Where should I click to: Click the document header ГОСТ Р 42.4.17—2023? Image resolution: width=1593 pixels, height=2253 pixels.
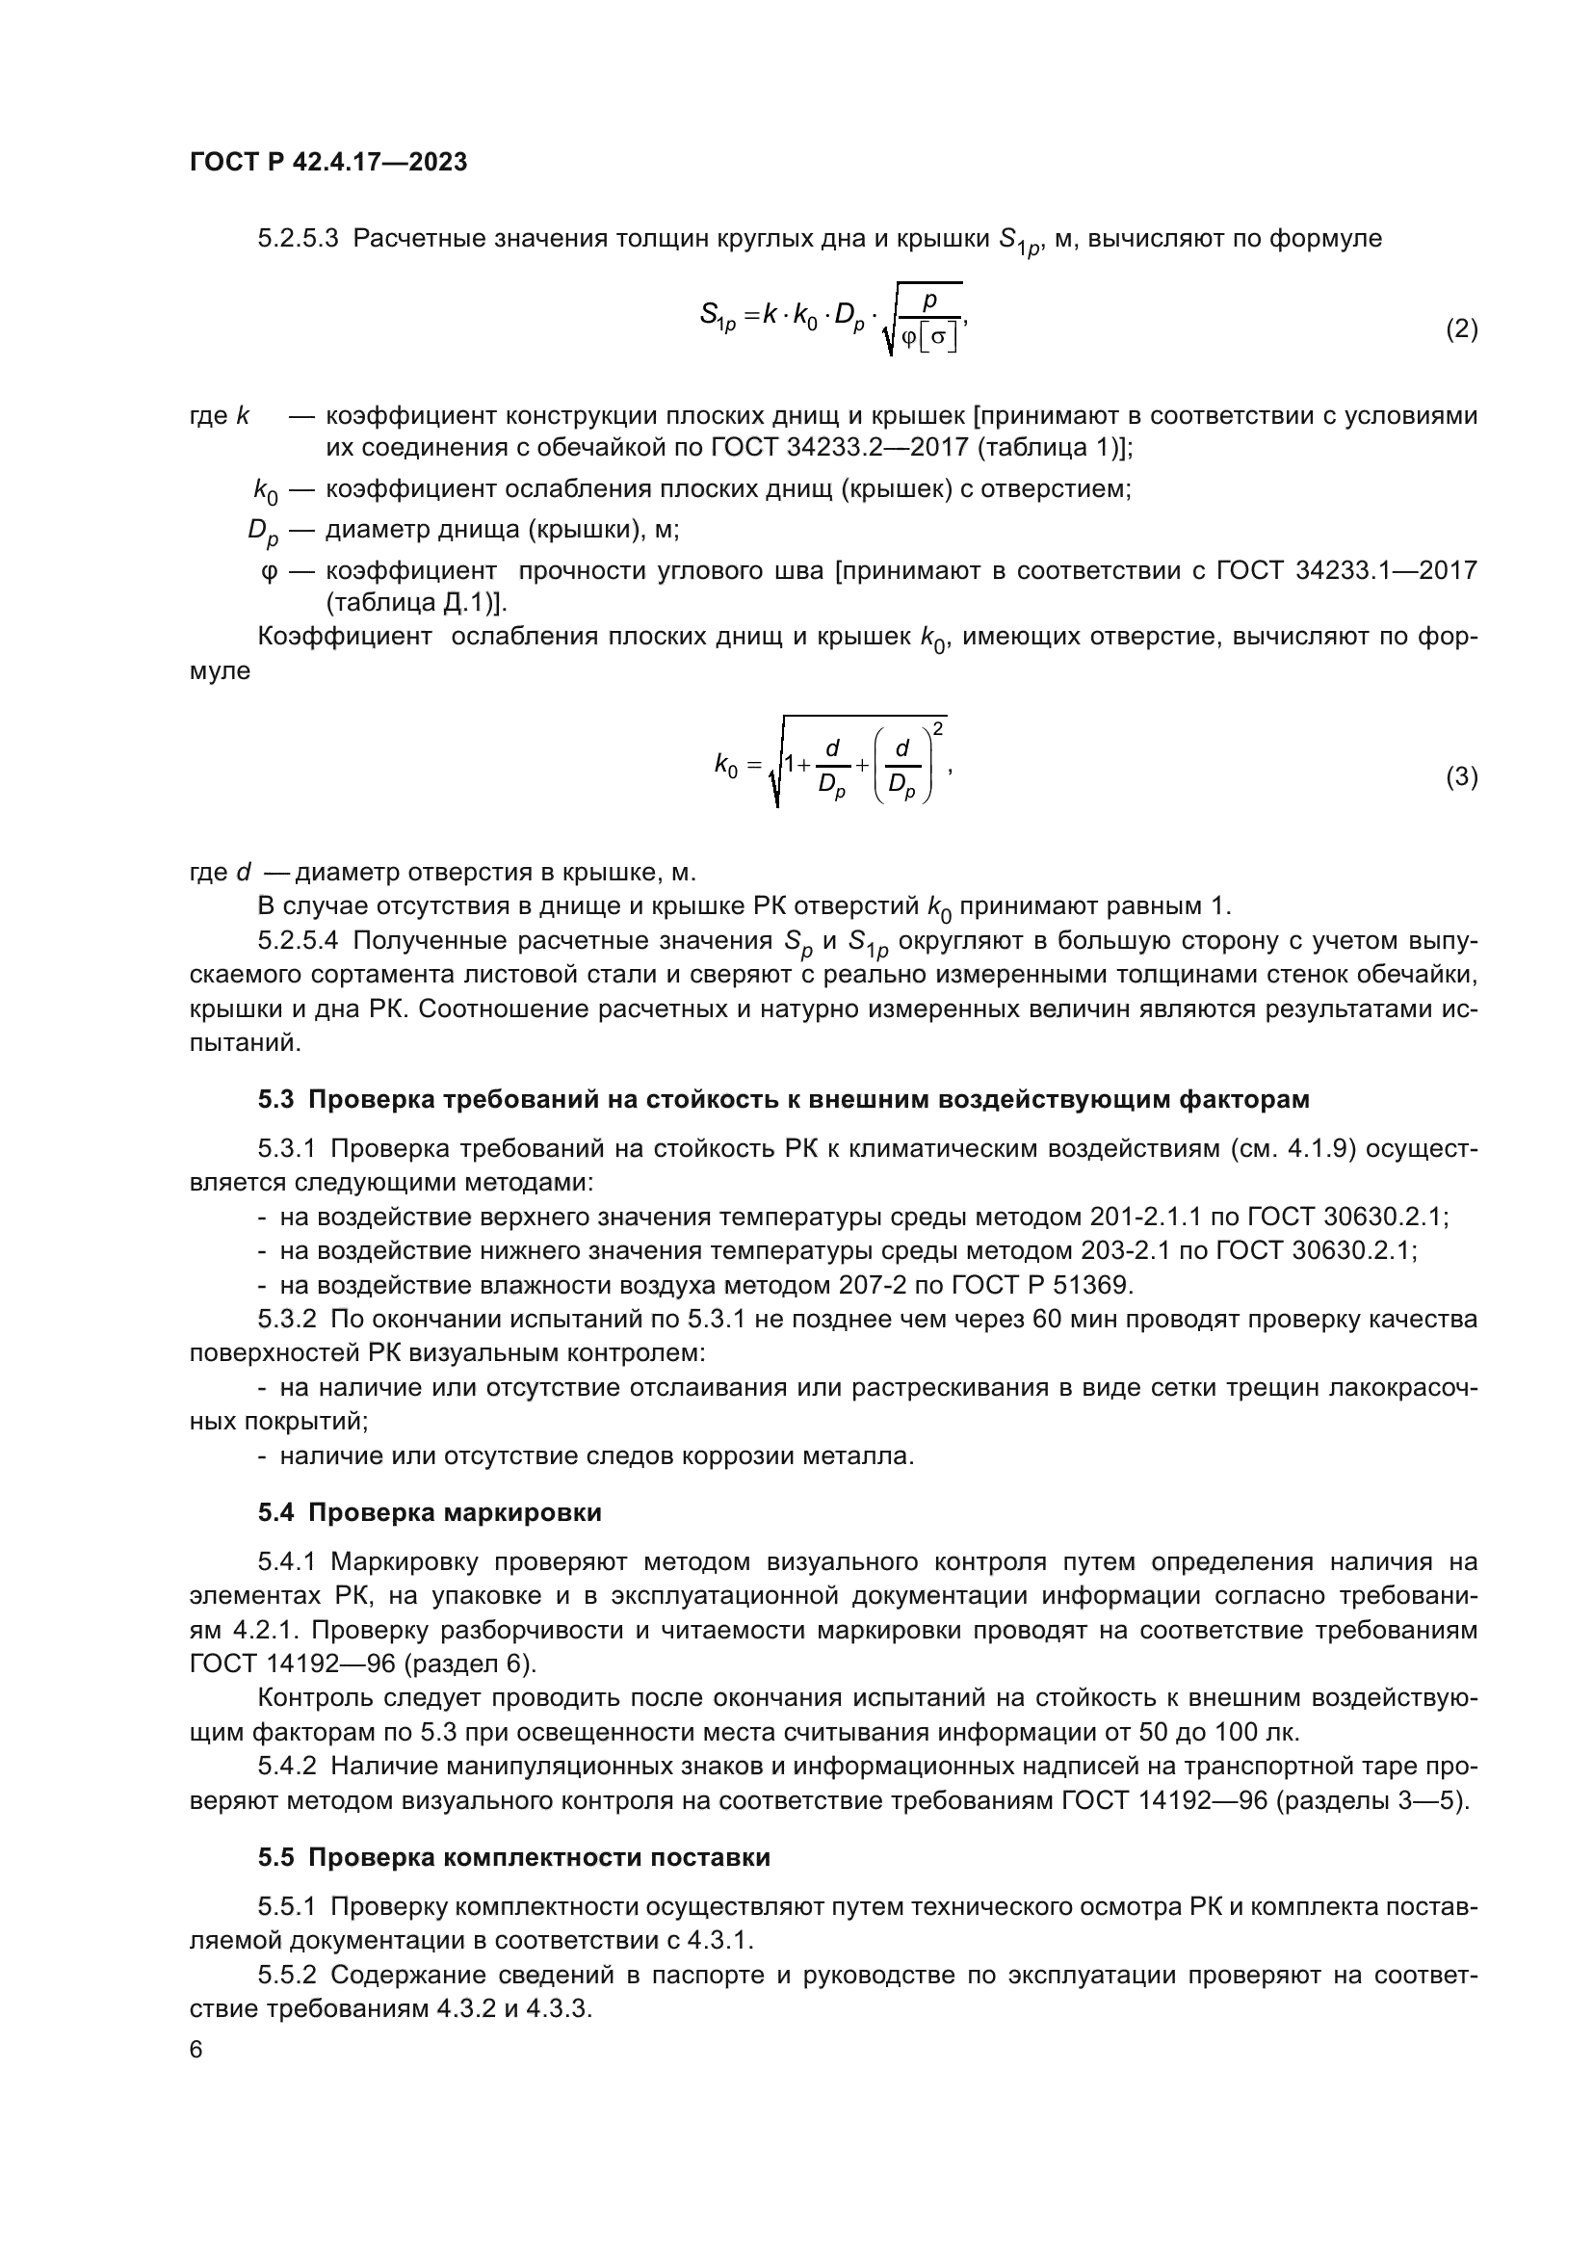[x=327, y=162]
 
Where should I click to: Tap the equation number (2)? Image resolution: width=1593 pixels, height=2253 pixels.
[x=1461, y=328]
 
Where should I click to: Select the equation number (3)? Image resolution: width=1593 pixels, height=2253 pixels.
[x=1461, y=777]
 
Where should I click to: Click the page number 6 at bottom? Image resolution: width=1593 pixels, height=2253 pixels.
[x=196, y=2050]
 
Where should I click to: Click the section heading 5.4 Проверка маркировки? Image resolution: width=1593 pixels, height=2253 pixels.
[x=430, y=1512]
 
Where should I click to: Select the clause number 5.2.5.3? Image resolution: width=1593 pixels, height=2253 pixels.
[x=299, y=239]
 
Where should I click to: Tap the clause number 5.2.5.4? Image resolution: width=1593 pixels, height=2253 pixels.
[x=299, y=941]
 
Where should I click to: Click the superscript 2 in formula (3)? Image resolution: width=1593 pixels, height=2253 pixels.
[x=939, y=727]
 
